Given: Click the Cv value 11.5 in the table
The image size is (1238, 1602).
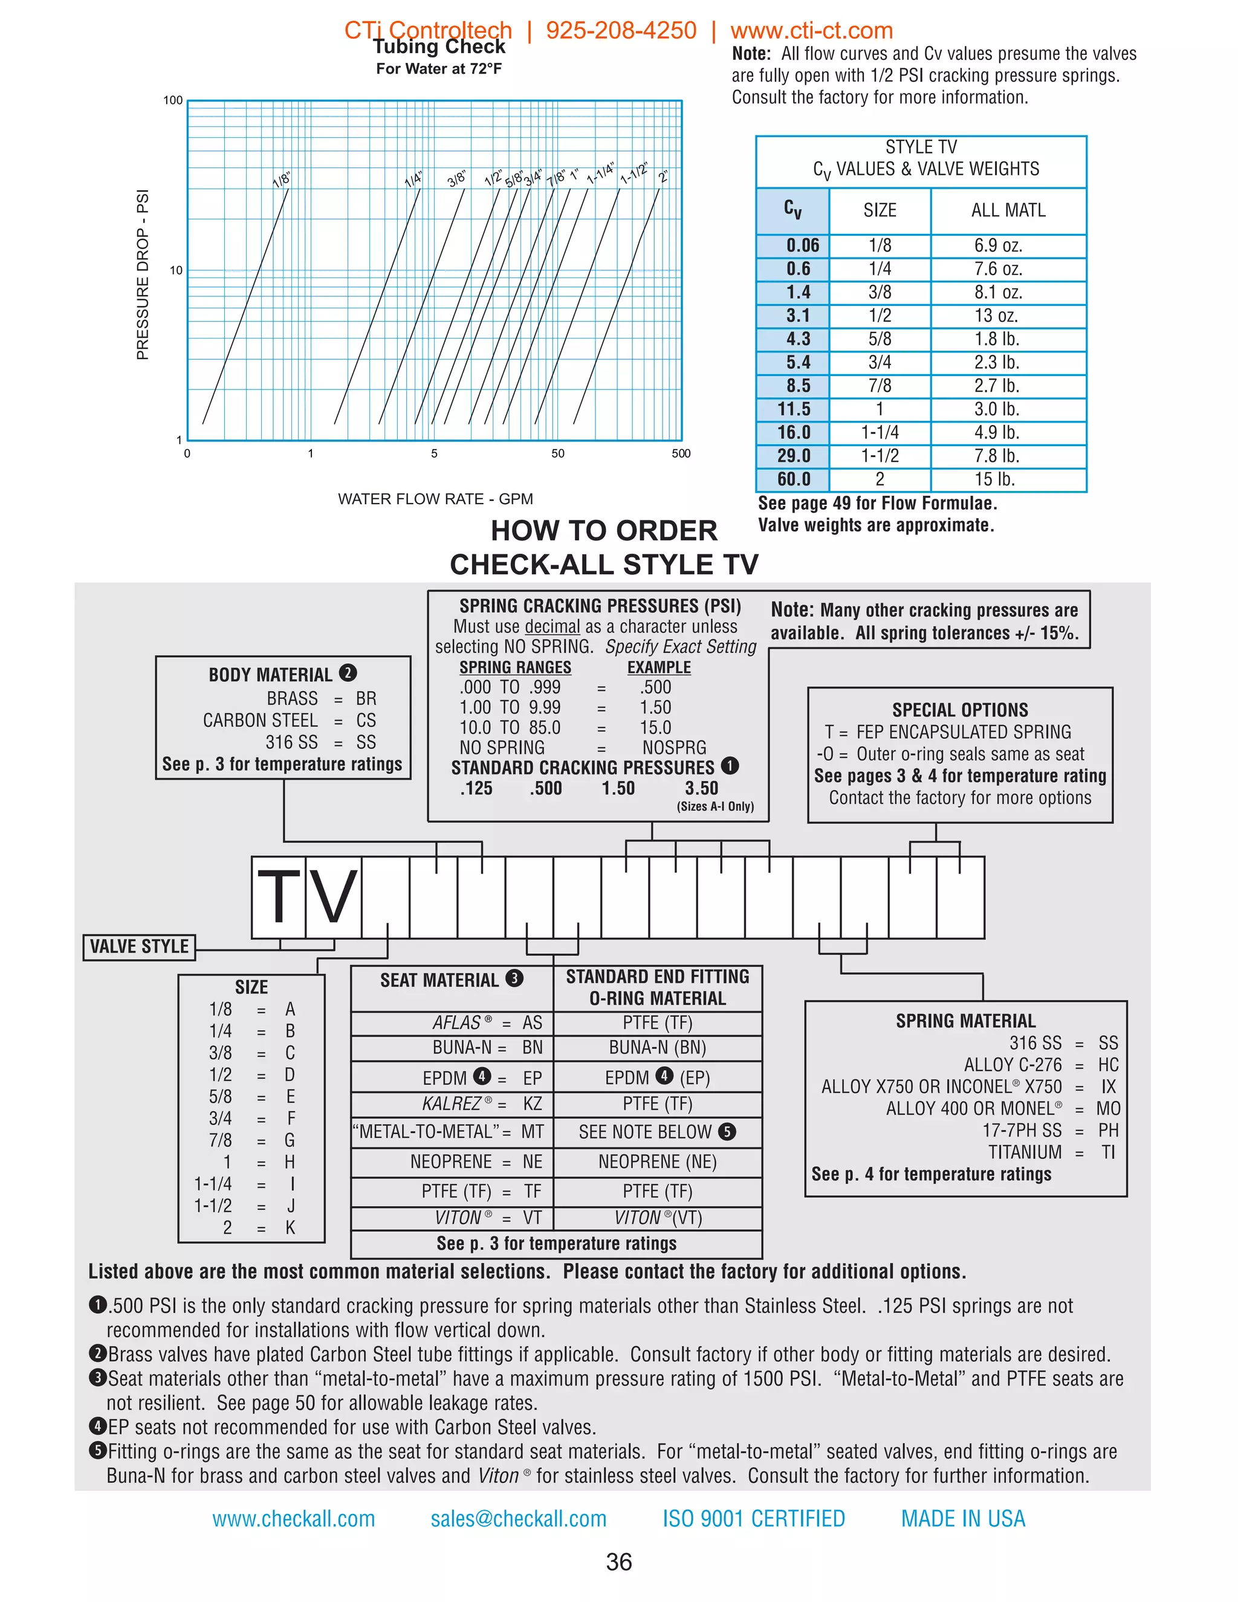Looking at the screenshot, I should pyautogui.click(x=794, y=409).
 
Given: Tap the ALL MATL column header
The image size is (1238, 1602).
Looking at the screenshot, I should pyautogui.click(x=1008, y=210).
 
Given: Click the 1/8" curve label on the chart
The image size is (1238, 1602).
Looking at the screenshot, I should pyautogui.click(x=282, y=180).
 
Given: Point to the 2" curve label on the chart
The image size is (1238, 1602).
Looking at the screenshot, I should pyautogui.click(x=663, y=177).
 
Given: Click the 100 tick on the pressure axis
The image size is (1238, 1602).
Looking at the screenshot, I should pyautogui.click(x=173, y=100).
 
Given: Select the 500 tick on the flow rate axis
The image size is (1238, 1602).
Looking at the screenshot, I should pyautogui.click(x=681, y=453).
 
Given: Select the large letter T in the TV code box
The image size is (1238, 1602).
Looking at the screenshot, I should pyautogui.click(x=279, y=897).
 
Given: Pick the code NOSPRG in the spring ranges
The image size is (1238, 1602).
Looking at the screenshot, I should pyautogui.click(x=674, y=747).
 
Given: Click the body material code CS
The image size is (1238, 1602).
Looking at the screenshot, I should pyautogui.click(x=366, y=721).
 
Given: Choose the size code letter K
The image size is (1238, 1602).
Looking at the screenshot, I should pyautogui.click(x=290, y=1228).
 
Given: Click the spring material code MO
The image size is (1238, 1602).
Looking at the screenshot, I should pyautogui.click(x=1107, y=1108).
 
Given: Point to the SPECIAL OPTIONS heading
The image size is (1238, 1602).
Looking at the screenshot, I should pyautogui.click(x=959, y=710).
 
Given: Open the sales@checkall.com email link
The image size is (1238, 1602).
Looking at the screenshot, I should pyautogui.click(x=519, y=1519).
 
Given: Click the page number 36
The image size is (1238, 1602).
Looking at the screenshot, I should pyautogui.click(x=619, y=1562).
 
